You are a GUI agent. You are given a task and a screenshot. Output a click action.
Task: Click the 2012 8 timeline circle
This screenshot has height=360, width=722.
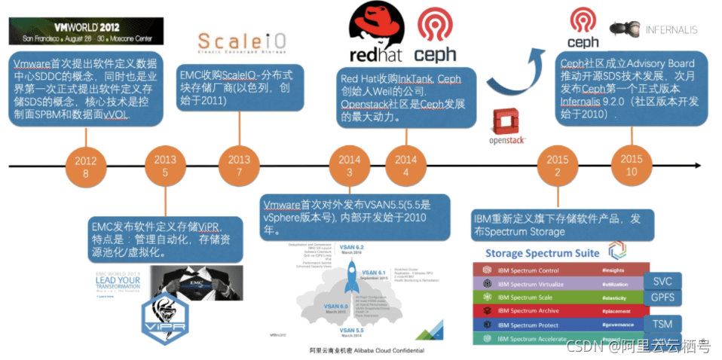click(x=86, y=166)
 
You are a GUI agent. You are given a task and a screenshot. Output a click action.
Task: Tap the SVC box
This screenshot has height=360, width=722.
click(x=662, y=280)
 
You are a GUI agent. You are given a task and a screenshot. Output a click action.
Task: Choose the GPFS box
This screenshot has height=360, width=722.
click(x=662, y=298)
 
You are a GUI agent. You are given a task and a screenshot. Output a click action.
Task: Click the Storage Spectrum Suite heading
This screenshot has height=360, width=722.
click(x=543, y=253)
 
